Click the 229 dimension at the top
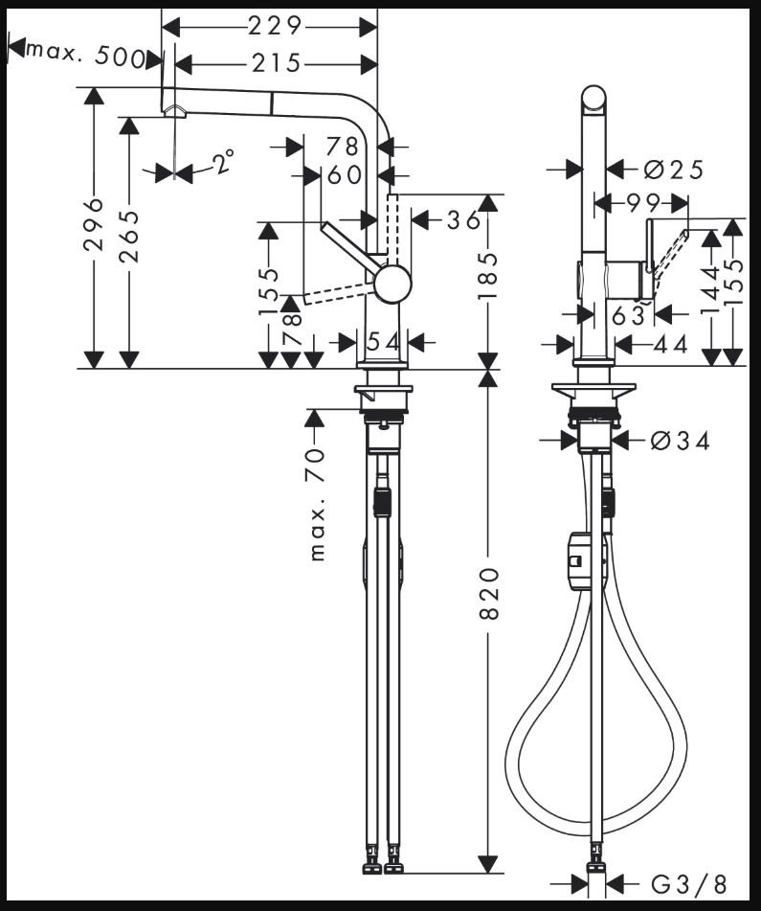(x=275, y=26)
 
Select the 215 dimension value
(x=276, y=63)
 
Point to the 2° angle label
(x=223, y=162)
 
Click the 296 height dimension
(x=93, y=224)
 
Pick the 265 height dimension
(x=129, y=236)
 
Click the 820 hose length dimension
(x=489, y=593)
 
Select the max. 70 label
(x=316, y=505)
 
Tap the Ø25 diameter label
(x=673, y=170)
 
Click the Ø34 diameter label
(x=681, y=441)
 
